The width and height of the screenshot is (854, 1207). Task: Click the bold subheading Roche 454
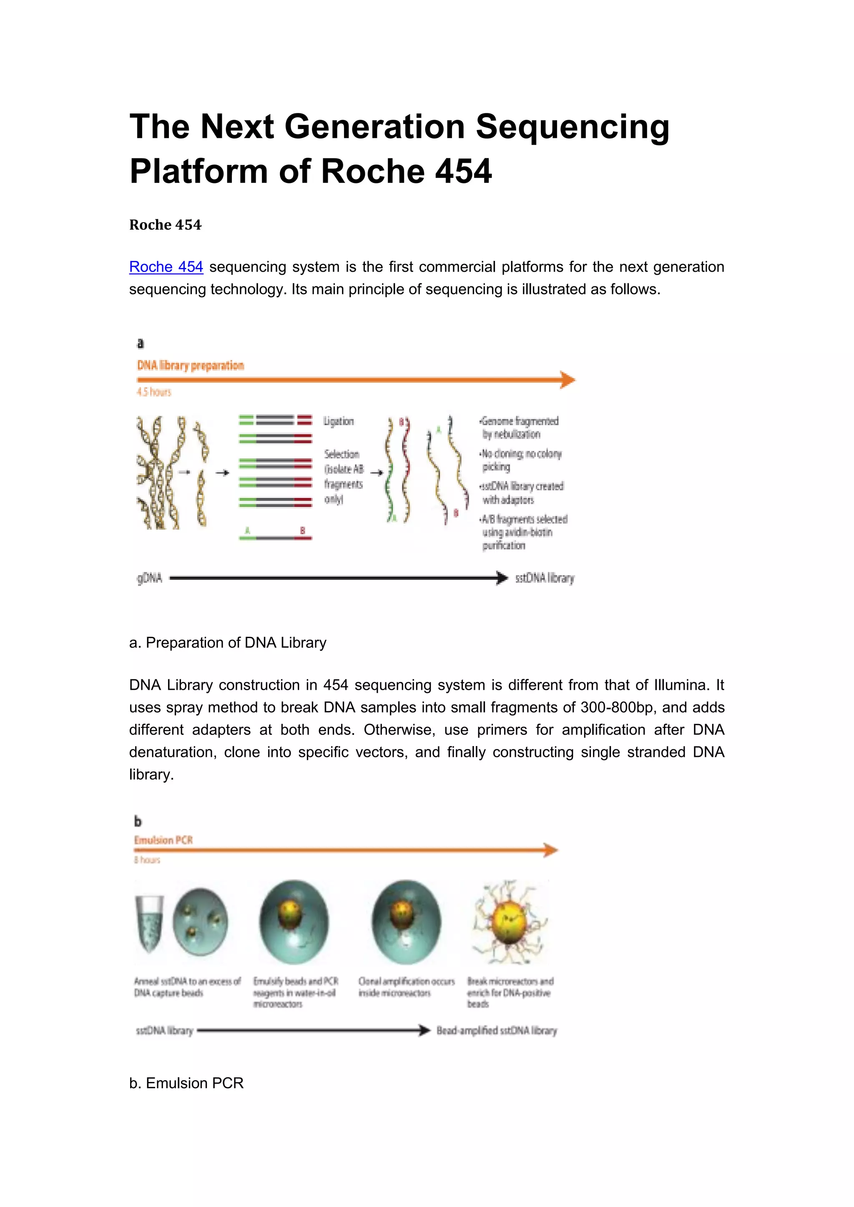coord(165,225)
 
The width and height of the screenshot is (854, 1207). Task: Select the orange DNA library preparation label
coord(191,366)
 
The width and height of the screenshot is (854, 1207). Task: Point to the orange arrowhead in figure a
coord(568,380)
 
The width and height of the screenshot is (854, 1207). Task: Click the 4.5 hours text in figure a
coord(153,392)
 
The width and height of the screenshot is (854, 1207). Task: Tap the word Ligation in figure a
coord(339,421)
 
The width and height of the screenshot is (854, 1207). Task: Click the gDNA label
coord(150,578)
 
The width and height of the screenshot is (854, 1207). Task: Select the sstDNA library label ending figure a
coord(545,578)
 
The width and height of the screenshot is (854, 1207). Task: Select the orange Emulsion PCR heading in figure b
coord(163,840)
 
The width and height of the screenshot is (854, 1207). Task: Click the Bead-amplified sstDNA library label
coord(496,1030)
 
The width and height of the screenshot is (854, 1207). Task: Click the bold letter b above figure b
coord(138,821)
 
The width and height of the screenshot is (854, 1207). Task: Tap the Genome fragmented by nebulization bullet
coord(519,427)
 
